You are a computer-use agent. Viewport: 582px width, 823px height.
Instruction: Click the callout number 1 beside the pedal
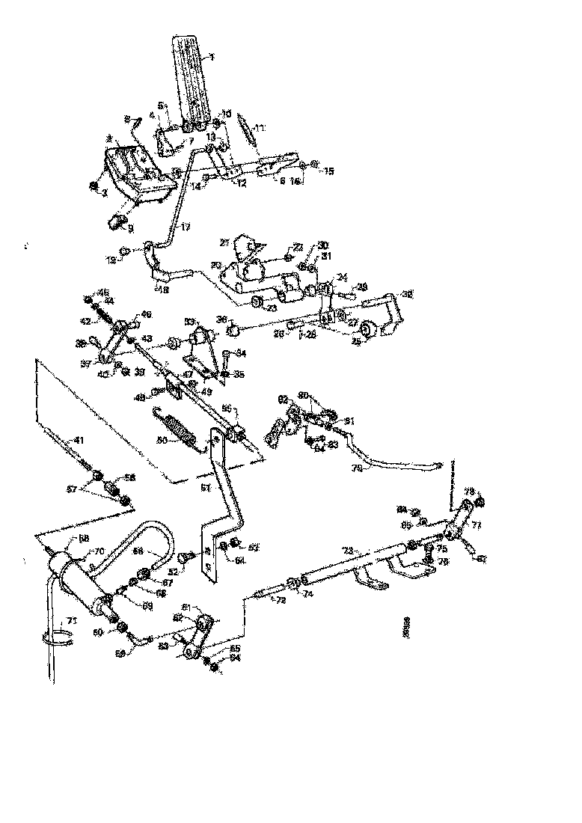212,57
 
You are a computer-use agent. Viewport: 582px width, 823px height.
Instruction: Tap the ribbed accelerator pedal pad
191,75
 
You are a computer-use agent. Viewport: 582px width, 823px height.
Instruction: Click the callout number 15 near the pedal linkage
328,171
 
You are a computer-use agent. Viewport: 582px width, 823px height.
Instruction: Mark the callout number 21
224,242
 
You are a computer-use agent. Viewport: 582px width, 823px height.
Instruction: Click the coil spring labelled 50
180,432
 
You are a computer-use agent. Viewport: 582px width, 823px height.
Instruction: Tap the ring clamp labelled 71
54,637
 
